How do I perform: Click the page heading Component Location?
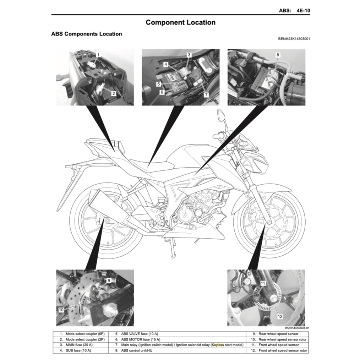[x=180, y=22]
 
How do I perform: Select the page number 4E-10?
[x=303, y=11]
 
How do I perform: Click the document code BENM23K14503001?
[x=294, y=39]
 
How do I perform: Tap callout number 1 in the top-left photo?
[x=98, y=55]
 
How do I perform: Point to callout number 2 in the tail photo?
[x=113, y=94]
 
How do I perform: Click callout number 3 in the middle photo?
[x=189, y=55]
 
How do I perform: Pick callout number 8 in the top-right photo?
[x=278, y=55]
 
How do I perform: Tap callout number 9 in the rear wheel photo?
[x=109, y=280]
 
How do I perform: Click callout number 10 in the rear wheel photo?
[x=61, y=310]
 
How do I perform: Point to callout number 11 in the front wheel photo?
[x=263, y=283]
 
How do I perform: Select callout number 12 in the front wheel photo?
[x=280, y=316]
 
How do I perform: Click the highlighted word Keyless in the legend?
[x=218, y=345]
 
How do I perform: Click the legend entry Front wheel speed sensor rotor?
[x=283, y=350]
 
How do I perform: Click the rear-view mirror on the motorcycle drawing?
[x=220, y=115]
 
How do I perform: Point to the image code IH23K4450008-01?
[x=297, y=328]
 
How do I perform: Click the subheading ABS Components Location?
[x=87, y=34]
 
